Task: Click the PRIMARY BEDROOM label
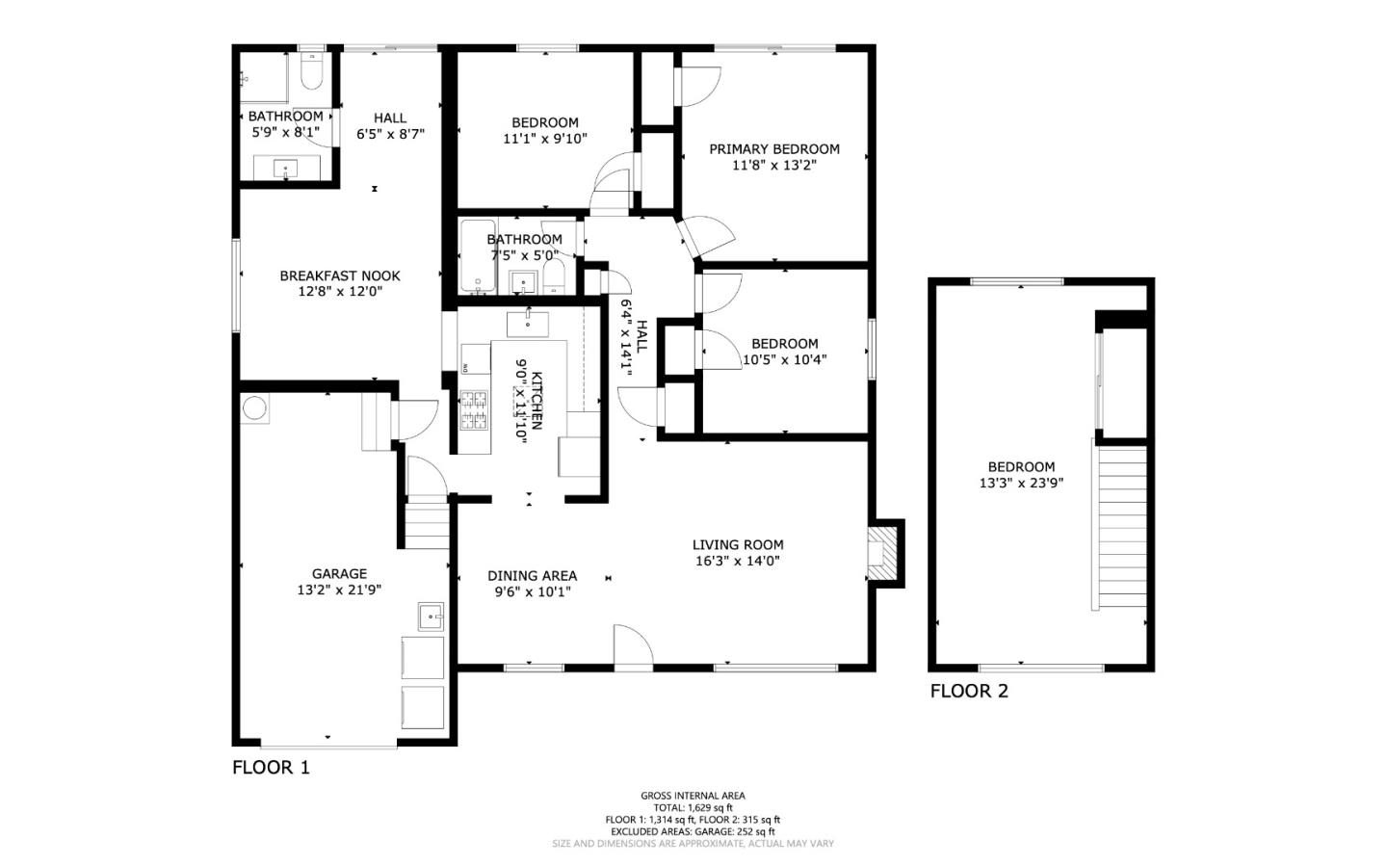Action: click(773, 149)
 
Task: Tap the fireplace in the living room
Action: click(881, 553)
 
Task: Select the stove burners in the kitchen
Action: click(474, 410)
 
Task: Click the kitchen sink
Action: click(527, 324)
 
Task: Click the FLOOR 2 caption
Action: click(969, 691)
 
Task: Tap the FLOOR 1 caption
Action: click(271, 768)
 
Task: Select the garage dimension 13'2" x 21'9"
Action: click(339, 590)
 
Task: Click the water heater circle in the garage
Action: click(255, 408)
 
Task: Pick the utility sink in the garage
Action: click(431, 615)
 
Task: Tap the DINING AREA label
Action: click(532, 576)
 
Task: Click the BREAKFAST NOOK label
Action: click(340, 276)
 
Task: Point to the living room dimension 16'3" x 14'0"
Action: click(737, 561)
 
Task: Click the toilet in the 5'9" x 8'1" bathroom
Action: click(311, 73)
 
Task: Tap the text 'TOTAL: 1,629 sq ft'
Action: click(693, 808)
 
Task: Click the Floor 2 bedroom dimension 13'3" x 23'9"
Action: click(1021, 484)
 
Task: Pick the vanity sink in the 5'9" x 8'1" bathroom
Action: click(287, 169)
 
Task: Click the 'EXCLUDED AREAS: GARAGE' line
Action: click(693, 831)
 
